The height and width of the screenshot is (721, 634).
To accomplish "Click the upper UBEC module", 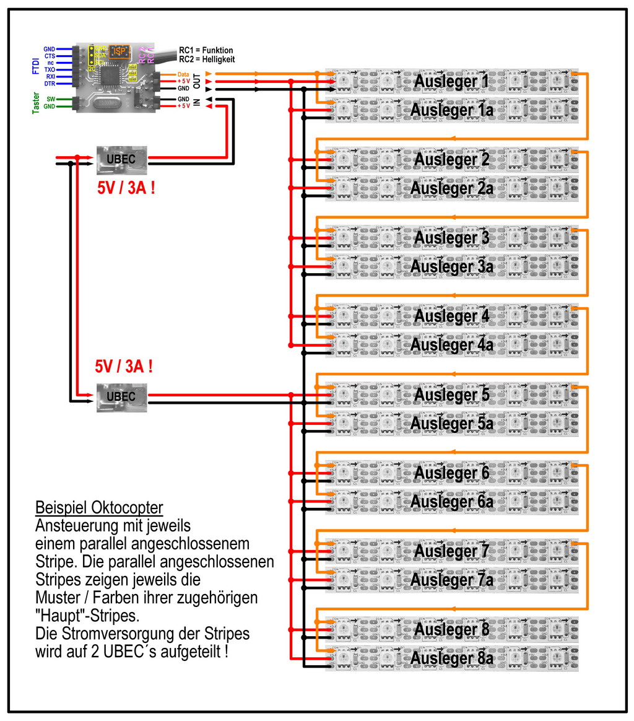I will tap(121, 159).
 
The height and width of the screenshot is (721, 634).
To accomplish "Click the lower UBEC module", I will tap(121, 397).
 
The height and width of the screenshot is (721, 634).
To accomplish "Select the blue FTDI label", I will tap(36, 66).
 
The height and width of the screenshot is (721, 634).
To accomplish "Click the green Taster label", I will tap(36, 102).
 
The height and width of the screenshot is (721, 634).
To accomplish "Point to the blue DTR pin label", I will tap(50, 84).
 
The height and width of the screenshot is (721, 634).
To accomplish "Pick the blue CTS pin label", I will tap(50, 56).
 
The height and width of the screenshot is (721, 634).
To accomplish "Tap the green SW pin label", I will tap(51, 98).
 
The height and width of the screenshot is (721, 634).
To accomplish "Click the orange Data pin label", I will tap(183, 74).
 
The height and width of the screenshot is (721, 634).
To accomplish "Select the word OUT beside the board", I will tap(198, 81).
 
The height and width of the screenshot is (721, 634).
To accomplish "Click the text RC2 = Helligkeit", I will tap(207, 59).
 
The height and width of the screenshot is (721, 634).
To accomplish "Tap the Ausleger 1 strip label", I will tap(451, 81).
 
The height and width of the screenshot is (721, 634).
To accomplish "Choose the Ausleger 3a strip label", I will tap(451, 266).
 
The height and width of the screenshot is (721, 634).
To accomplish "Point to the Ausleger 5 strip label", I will tap(451, 395).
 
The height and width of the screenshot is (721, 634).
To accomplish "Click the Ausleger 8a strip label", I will tap(451, 658).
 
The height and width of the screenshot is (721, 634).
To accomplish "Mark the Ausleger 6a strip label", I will tap(451, 501).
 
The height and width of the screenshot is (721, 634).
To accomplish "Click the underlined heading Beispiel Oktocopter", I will tap(99, 508).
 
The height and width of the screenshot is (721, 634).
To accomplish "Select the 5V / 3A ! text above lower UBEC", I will tap(124, 366).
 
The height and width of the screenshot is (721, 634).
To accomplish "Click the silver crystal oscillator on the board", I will tap(111, 105).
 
